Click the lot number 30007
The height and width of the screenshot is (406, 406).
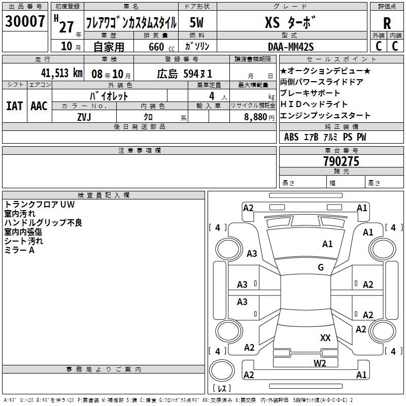click(25, 22)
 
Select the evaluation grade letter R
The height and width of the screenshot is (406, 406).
click(387, 23)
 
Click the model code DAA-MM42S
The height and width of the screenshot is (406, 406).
click(291, 47)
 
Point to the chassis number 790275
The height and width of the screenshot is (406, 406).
click(341, 162)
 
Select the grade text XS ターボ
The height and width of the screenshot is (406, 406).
click(290, 23)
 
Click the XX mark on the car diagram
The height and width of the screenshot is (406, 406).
click(325, 337)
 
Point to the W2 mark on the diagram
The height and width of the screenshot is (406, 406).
click(319, 363)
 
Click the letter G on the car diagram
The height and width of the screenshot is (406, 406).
click(321, 267)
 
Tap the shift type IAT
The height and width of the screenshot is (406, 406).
click(14, 106)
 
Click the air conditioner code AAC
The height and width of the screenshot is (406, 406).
click(39, 106)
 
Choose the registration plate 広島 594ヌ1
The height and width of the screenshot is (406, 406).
click(184, 73)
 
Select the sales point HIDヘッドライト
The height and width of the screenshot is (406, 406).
click(314, 105)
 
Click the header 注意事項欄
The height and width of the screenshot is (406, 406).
click(139, 150)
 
